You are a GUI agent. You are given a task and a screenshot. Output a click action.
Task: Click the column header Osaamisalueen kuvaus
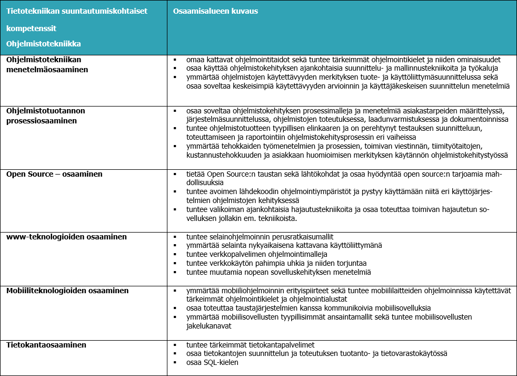point(216,11)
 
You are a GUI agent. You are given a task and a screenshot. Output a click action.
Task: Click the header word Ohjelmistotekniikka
point(44,44)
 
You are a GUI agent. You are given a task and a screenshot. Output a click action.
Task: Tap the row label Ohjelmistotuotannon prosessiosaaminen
point(46,115)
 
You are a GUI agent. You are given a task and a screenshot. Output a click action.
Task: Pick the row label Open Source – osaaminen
point(54,174)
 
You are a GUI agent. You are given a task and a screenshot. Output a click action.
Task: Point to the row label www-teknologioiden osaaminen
point(66,237)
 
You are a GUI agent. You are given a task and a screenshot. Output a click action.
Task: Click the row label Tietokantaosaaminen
point(46,345)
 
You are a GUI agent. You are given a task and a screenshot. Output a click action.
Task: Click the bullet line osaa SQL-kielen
point(212,363)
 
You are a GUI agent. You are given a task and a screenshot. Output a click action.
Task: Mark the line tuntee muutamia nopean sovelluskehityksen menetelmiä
point(279,272)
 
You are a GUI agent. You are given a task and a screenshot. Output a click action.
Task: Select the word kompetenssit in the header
point(31,28)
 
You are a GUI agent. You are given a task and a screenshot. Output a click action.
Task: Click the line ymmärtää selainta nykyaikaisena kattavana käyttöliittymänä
point(284,245)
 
